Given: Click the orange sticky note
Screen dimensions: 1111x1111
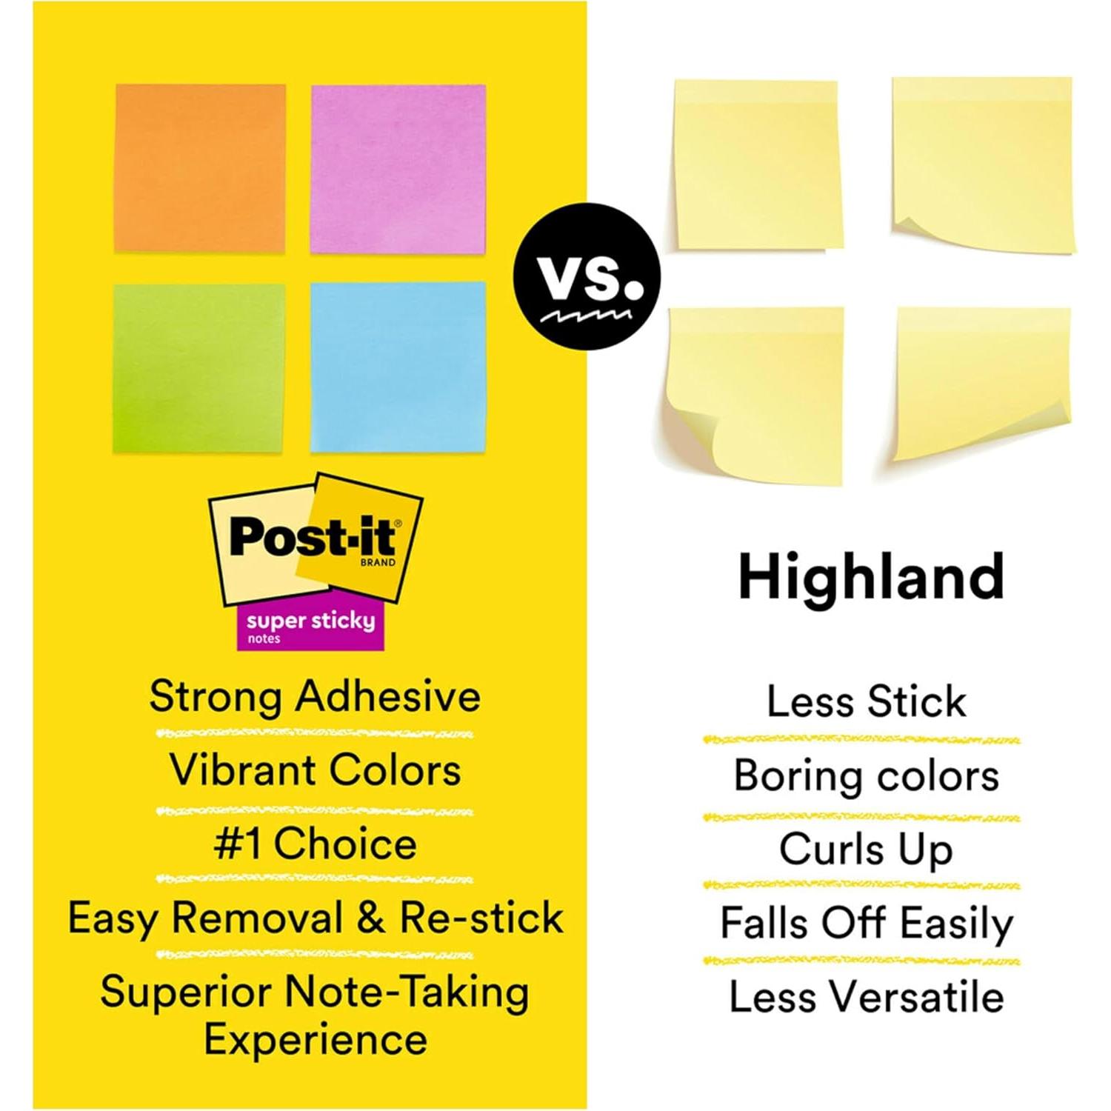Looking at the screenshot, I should (x=200, y=169).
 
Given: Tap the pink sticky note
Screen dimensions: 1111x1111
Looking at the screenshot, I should (x=398, y=169).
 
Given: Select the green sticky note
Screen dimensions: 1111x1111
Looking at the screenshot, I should (x=198, y=368).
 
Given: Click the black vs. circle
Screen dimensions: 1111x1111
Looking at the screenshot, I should (x=587, y=276).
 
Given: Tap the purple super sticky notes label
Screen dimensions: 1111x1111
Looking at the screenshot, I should (x=310, y=627).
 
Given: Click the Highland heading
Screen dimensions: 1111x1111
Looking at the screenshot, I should (x=871, y=578).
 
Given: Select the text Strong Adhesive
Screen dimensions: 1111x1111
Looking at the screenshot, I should (x=315, y=697).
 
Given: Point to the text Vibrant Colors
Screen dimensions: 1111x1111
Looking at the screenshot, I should (x=316, y=770).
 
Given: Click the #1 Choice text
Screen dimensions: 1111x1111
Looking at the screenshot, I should (x=315, y=844).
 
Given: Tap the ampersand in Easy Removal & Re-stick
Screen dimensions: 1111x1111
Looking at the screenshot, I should (x=371, y=918).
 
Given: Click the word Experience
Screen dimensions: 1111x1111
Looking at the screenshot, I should (x=316, y=1039).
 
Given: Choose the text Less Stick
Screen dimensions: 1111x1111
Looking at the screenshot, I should (x=866, y=701).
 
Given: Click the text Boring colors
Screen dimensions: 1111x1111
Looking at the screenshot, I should (x=866, y=776).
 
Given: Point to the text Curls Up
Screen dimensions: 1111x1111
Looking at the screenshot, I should (x=866, y=850).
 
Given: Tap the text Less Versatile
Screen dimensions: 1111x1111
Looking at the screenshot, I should (x=866, y=996).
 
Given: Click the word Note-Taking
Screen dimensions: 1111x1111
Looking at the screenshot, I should (x=408, y=992).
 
